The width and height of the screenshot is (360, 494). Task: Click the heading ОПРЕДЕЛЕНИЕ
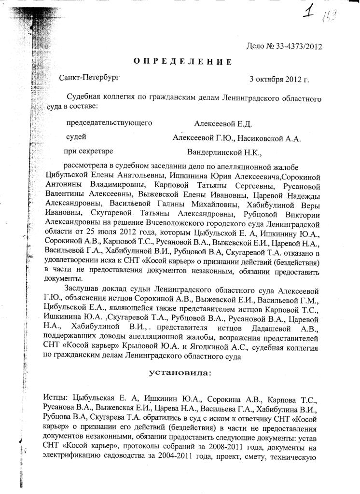pos(182,61)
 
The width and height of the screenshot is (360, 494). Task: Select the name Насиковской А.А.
pos(270,138)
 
